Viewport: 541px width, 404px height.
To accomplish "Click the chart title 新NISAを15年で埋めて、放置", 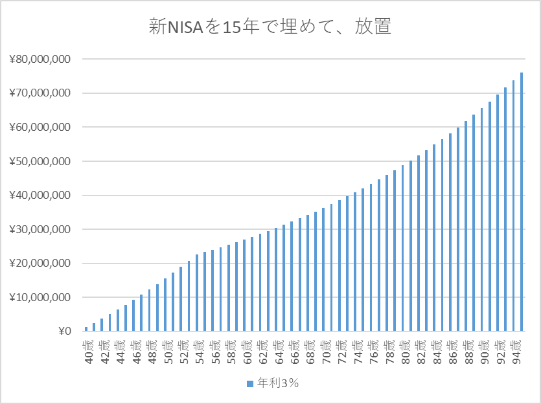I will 270,28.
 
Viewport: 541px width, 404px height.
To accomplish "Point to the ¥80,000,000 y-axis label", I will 40,60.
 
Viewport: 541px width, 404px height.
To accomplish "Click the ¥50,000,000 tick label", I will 40,161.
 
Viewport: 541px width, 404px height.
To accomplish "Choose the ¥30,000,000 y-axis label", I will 40,230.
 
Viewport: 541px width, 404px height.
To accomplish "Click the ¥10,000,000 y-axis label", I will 40,298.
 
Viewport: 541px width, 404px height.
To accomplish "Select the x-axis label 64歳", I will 277,350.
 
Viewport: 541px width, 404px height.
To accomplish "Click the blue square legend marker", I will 250,383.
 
